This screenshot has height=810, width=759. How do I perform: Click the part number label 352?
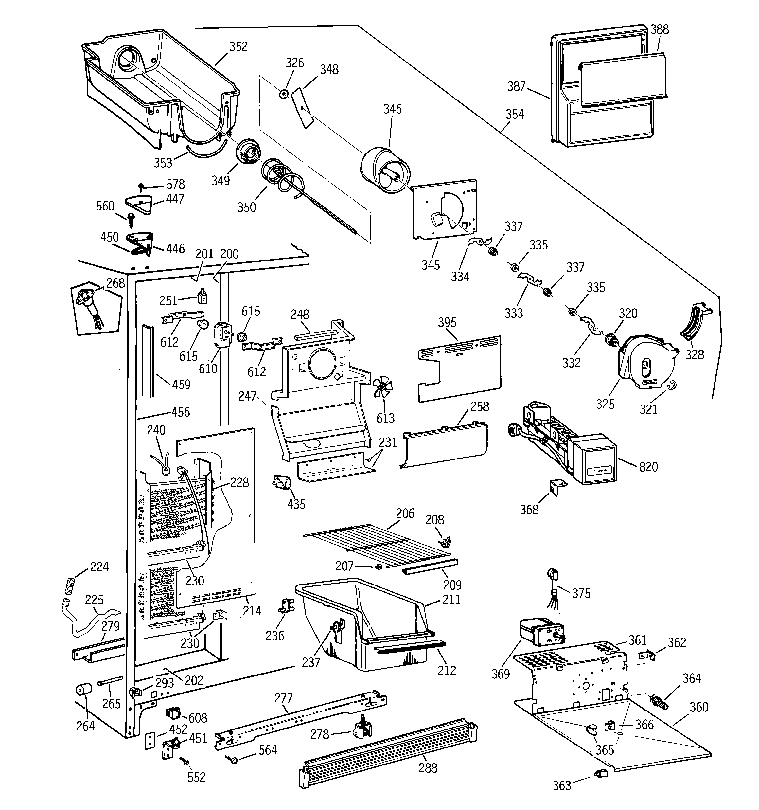(x=238, y=46)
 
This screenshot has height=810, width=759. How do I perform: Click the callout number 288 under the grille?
(x=428, y=768)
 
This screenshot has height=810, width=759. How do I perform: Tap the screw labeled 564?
(x=234, y=759)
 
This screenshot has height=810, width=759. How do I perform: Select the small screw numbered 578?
(x=141, y=187)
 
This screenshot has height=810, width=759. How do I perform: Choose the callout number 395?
(x=447, y=323)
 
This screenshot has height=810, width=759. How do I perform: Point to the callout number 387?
(x=516, y=86)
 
